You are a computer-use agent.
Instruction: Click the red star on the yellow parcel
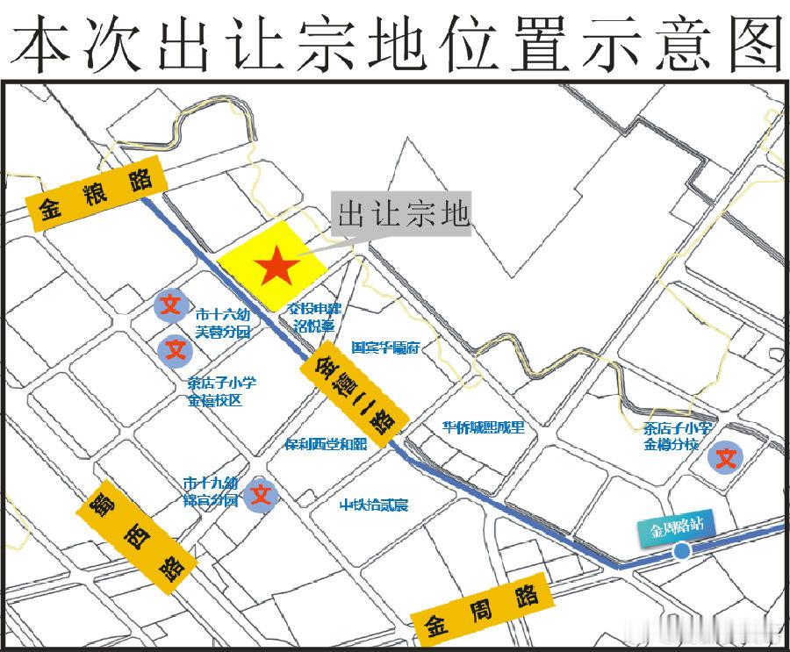pyautogui.click(x=277, y=265)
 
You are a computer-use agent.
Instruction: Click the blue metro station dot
pyautogui.click(x=681, y=551)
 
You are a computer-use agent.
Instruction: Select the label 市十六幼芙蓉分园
pyautogui.click(x=223, y=322)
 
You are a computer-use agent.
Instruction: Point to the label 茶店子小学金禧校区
pyautogui.click(x=221, y=391)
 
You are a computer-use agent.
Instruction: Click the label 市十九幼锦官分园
pyautogui.click(x=211, y=491)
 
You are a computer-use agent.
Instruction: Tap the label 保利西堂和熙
pyautogui.click(x=325, y=444)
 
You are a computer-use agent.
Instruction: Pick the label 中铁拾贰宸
pyautogui.click(x=375, y=505)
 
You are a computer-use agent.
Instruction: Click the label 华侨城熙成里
pyautogui.click(x=483, y=427)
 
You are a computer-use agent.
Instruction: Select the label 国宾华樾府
pyautogui.click(x=386, y=347)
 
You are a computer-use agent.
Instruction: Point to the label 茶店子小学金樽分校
pyautogui.click(x=677, y=436)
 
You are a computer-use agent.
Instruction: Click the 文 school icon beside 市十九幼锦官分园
pyautogui.click(x=261, y=495)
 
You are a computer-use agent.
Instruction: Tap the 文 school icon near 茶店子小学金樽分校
pyautogui.click(x=727, y=457)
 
